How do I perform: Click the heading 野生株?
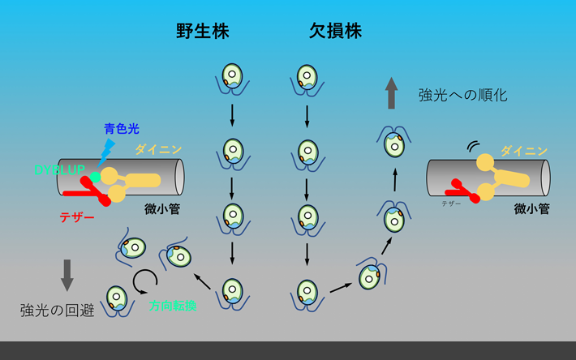coord(203,32)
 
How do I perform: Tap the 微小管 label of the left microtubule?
coord(162,208)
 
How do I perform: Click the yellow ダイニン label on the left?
coord(158,149)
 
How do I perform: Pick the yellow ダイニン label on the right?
coord(523,150)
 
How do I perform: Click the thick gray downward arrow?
coord(67,275)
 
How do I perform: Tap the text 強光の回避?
coord(54,309)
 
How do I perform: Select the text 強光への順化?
coord(462,95)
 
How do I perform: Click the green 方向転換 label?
coord(171,306)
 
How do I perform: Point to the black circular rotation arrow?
coord(146,281)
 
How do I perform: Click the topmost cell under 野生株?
coord(233,78)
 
